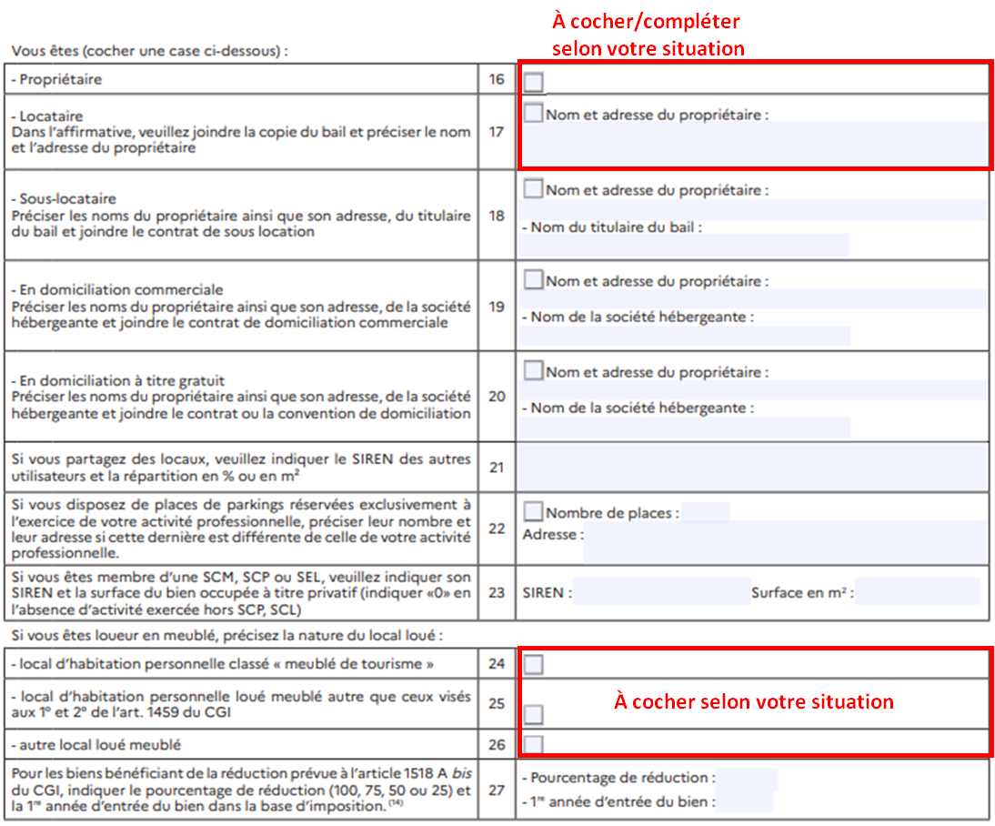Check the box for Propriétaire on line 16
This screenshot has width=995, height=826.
coord(534,83)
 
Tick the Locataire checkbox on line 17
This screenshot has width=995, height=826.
coord(534,114)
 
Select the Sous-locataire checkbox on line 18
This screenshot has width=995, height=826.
coord(534,189)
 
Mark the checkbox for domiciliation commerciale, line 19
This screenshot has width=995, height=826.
coord(534,280)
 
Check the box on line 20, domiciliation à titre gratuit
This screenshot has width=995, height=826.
coord(534,371)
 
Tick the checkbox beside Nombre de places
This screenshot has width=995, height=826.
coord(534,512)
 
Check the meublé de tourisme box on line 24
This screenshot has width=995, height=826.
coord(534,665)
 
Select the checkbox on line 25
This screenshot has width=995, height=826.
coord(534,713)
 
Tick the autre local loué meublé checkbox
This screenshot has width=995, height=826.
coord(534,745)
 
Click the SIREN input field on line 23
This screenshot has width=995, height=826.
coord(661,593)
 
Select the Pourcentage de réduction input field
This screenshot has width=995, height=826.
coord(746,779)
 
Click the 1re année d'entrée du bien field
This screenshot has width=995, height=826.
coord(746,802)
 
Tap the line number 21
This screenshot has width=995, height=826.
coord(497,467)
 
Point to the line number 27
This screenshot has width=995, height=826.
coord(497,790)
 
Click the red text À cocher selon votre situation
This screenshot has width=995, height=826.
coord(754,702)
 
